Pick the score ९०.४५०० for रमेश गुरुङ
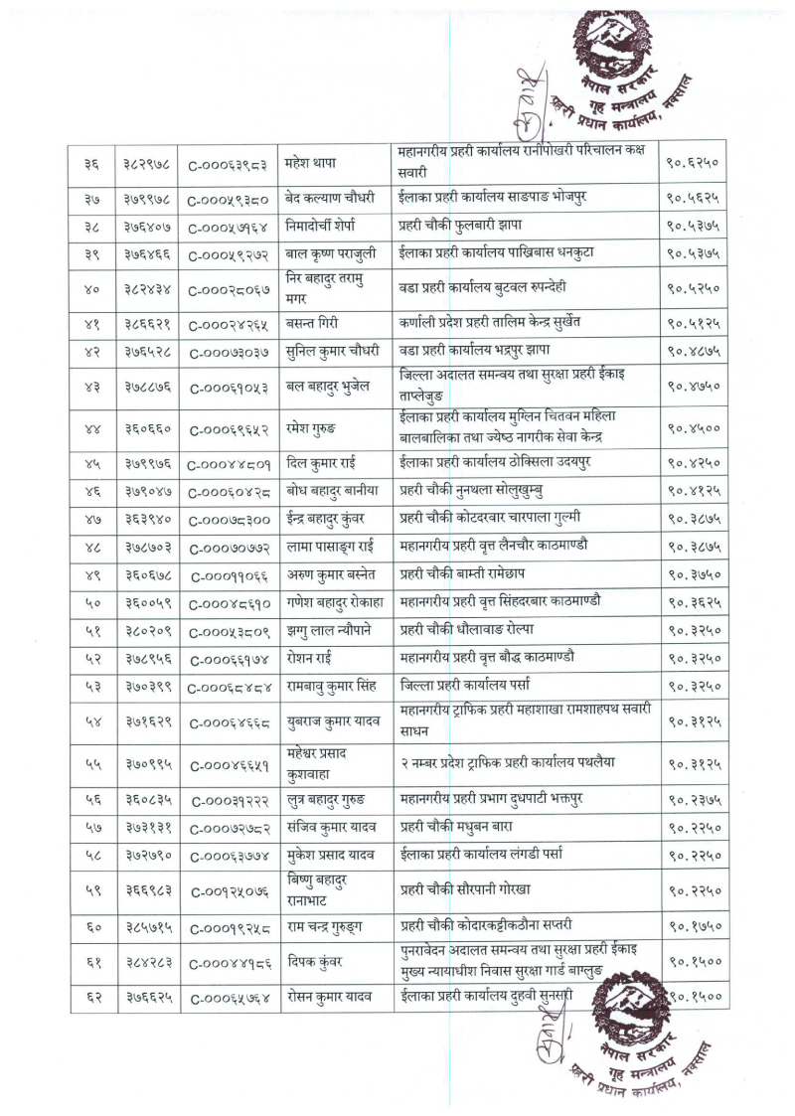[693, 428]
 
